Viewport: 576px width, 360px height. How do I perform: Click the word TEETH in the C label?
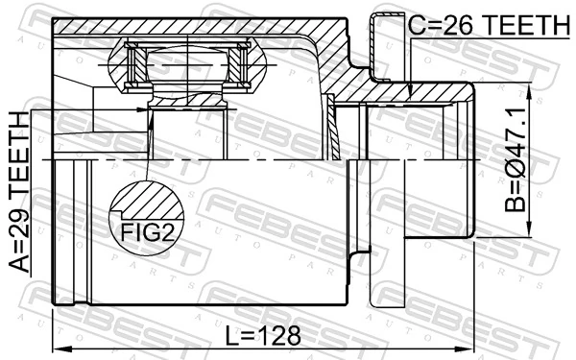(x=525, y=26)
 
